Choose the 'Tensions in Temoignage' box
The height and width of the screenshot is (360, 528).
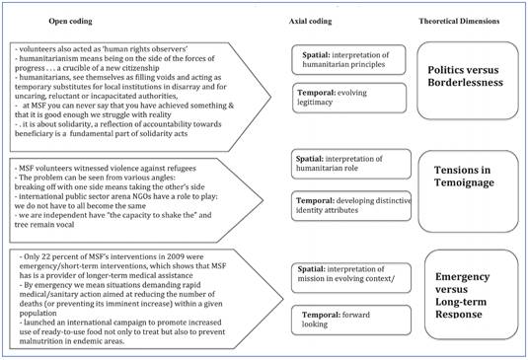(467, 179)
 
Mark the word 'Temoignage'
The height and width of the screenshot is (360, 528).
(467, 188)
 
